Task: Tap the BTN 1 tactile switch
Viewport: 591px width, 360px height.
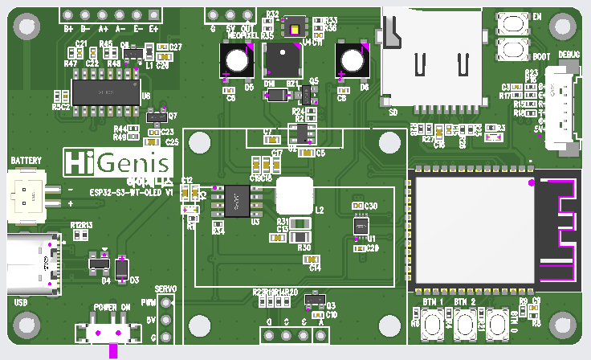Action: (433, 325)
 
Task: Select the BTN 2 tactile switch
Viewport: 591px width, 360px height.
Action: (463, 325)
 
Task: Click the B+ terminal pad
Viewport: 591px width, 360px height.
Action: (69, 16)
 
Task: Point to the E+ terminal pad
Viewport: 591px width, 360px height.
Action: (153, 16)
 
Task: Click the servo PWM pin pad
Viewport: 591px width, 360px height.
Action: (166, 304)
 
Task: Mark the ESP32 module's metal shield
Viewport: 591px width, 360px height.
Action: (471, 228)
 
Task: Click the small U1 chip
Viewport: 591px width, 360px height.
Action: (360, 226)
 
